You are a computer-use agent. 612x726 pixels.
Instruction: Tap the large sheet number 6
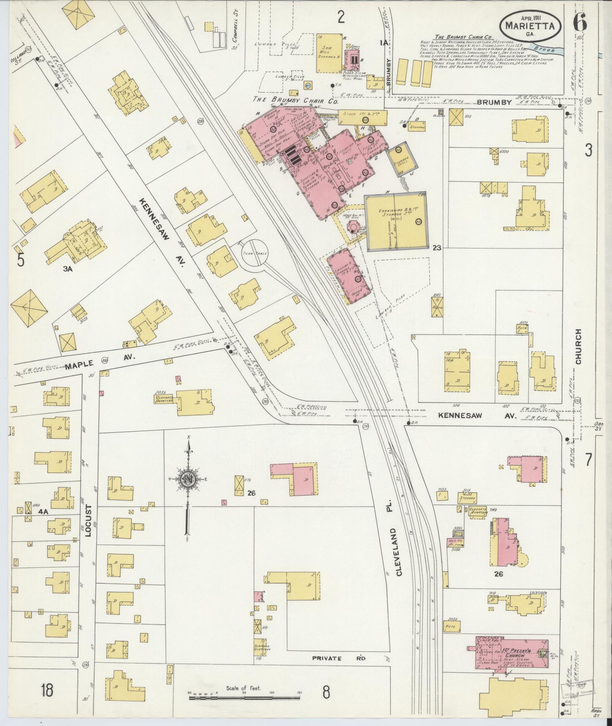(580, 24)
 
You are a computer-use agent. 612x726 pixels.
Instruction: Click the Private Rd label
(339, 658)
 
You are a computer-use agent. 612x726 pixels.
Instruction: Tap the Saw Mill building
(329, 53)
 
